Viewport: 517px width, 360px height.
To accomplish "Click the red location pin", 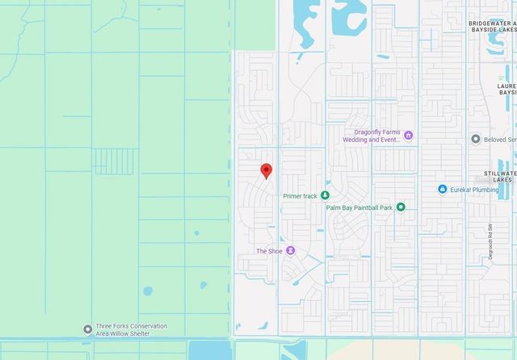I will click(x=266, y=170).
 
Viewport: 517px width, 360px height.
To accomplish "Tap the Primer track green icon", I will click(x=325, y=195).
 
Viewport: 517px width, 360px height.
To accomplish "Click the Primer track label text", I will click(x=300, y=196).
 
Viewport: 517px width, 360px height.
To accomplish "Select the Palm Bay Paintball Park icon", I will click(x=400, y=207).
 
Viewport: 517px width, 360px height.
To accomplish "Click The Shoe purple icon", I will click(x=291, y=251).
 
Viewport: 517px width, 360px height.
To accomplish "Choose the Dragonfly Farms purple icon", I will click(x=408, y=135).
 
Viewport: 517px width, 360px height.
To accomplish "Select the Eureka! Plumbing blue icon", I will click(x=443, y=189).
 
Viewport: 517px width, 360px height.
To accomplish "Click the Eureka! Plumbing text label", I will click(x=475, y=189).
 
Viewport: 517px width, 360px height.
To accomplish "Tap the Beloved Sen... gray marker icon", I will click(x=476, y=139).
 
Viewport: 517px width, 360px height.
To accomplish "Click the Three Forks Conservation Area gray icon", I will click(x=87, y=329).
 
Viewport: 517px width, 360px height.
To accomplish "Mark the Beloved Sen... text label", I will click(x=499, y=139).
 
